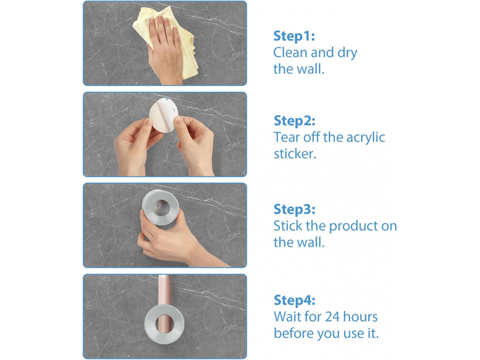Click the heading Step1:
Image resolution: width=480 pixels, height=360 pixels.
coord(294,37)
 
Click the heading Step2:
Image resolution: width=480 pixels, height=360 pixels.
coord(294,121)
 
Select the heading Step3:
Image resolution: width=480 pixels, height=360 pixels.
coord(294,209)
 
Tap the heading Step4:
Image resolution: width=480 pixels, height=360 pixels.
coord(294,301)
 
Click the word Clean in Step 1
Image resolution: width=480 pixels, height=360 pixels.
coord(290,53)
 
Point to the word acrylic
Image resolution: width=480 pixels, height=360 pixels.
coord(365,138)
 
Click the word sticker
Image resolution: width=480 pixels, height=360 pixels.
coord(295,154)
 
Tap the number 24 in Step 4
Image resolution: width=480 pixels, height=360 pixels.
coord(332,317)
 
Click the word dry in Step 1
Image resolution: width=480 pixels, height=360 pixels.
coord(347,53)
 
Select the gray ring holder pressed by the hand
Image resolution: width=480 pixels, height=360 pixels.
coord(160,207)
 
